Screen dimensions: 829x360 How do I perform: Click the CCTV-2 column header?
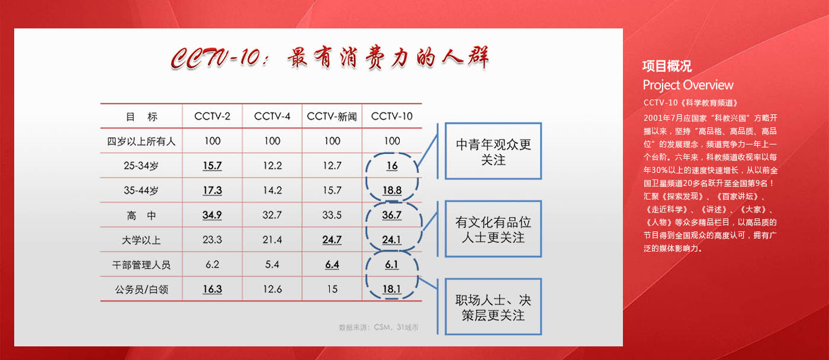pos(212,116)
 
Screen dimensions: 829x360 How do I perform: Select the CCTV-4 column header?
pos(272,116)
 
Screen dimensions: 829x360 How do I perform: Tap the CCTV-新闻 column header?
pos(332,117)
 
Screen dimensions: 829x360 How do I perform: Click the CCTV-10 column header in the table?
pos(391,116)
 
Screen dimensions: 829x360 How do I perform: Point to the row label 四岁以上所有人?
pos(141,142)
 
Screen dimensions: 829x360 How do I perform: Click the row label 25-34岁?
pos(141,166)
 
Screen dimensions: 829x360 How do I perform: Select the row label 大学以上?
pos(141,240)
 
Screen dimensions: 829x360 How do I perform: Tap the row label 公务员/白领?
pos(142,290)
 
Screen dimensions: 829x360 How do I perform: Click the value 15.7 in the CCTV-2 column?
pos(212,166)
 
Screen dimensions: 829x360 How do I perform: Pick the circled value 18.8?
pos(392,190)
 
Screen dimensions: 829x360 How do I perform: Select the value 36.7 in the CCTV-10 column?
pos(392,215)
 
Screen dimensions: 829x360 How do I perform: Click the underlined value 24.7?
pos(332,240)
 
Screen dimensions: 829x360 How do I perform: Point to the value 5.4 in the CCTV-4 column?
pos(272,265)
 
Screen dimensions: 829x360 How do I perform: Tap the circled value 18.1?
pos(392,289)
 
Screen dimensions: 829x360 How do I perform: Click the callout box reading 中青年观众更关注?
pos(493,151)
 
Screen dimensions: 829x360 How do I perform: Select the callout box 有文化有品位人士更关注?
pos(493,229)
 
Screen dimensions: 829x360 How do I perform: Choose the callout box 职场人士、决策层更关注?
pos(493,307)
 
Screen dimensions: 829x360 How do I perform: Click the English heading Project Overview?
pos(688,85)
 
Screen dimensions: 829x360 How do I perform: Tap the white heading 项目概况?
pos(667,66)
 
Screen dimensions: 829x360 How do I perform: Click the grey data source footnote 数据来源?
pos(378,327)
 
